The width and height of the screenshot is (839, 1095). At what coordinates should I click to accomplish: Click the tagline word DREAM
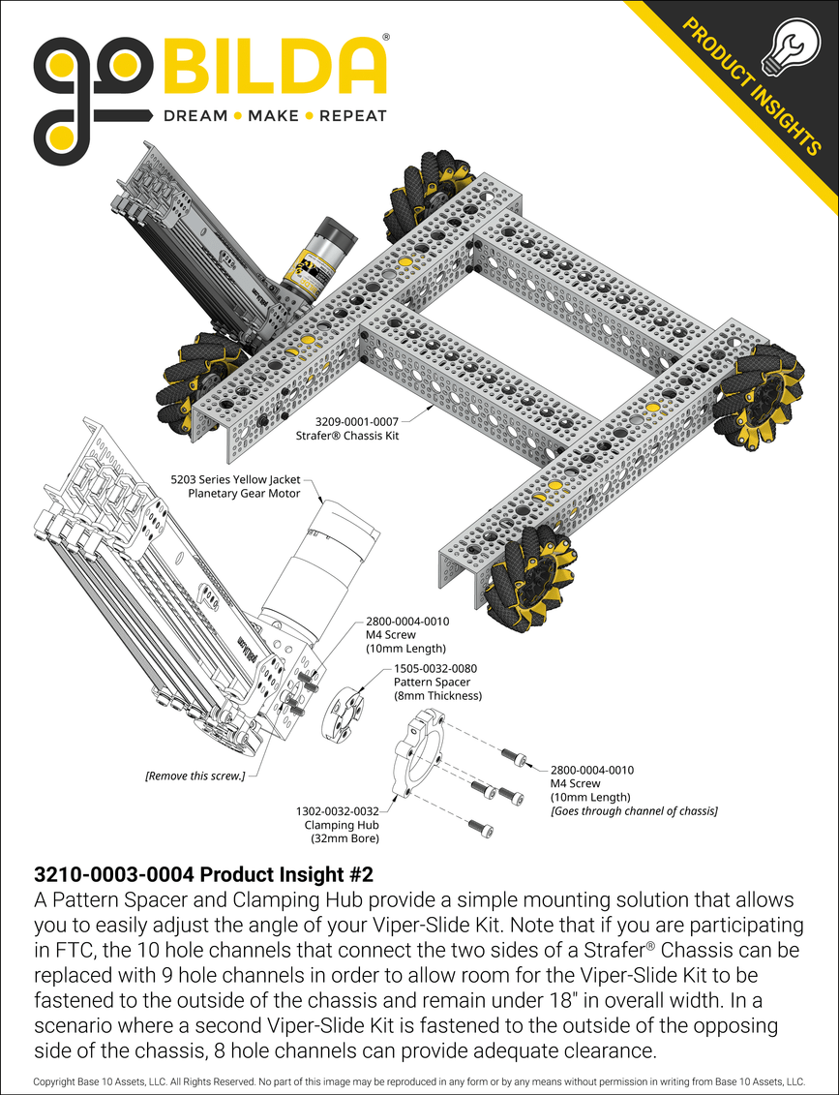click(195, 116)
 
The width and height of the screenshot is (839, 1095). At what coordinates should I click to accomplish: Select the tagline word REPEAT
click(353, 116)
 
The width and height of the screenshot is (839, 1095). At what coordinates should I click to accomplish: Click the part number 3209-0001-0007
click(357, 422)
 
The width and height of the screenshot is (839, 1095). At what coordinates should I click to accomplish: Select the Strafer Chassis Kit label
click(347, 437)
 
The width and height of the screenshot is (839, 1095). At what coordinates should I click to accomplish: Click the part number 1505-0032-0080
click(434, 668)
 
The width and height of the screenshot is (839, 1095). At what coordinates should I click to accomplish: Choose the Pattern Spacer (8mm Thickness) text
click(436, 688)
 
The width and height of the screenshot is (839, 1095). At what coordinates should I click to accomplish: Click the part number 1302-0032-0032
click(338, 811)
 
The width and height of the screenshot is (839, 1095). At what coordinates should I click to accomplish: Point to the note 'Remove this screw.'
click(195, 775)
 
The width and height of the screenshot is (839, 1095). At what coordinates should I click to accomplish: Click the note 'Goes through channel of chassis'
click(633, 810)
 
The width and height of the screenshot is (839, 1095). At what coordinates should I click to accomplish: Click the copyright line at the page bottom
click(419, 1080)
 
